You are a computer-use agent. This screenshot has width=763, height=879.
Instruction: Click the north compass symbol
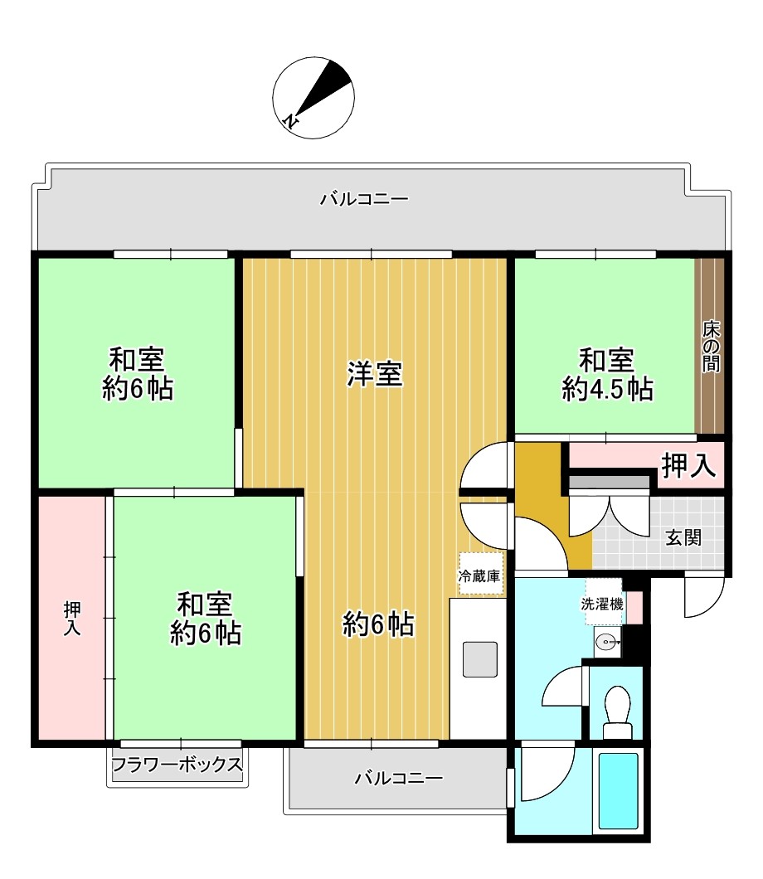click(313, 97)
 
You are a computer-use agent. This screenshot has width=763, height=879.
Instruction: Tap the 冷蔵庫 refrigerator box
click(480, 574)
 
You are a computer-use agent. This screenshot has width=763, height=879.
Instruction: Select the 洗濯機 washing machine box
click(602, 604)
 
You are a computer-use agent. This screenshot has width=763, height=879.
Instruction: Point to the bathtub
click(618, 790)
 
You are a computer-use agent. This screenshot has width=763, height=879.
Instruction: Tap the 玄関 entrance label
click(683, 538)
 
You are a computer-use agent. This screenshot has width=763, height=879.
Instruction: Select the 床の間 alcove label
click(711, 347)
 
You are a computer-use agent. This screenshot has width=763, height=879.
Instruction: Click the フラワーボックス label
click(177, 764)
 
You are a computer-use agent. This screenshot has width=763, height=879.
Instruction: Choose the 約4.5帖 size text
click(607, 390)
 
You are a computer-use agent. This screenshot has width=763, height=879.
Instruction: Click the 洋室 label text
click(375, 375)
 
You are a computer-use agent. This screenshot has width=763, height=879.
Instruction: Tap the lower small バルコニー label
click(399, 778)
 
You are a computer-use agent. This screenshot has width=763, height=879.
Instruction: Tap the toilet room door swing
click(565, 688)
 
